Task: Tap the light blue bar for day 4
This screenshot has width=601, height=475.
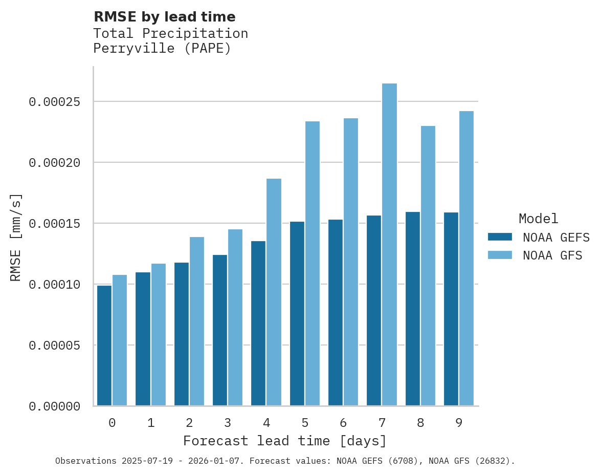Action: (x=274, y=292)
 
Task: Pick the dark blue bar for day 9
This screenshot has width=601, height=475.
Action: (x=451, y=309)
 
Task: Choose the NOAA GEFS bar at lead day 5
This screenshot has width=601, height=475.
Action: (x=297, y=314)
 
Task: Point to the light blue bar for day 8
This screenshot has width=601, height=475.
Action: (x=428, y=266)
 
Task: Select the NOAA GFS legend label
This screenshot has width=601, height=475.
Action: (x=552, y=255)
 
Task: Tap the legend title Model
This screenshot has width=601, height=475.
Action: (x=538, y=219)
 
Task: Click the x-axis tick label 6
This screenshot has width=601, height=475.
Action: (x=343, y=423)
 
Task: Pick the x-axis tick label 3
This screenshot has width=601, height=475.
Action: (x=228, y=423)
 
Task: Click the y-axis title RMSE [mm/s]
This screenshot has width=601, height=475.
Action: (x=16, y=237)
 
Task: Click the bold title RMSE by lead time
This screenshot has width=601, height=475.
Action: (x=165, y=17)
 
